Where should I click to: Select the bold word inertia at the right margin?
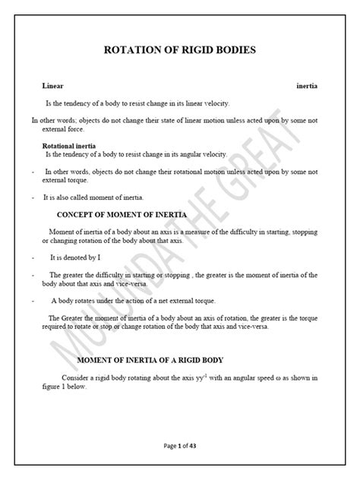pyautogui.click(x=307, y=87)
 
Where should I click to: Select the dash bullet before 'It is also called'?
pyautogui.click(x=33, y=197)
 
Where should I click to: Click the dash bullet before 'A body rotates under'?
pyautogui.click(x=33, y=300)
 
